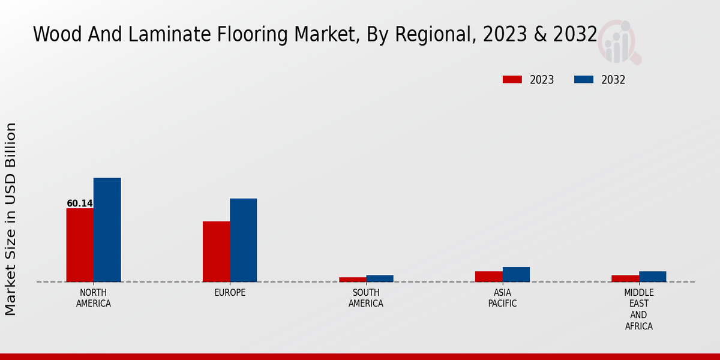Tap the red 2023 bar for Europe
216,251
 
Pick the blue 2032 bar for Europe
243,240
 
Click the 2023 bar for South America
352,280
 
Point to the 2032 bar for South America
380,278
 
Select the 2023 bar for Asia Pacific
489,277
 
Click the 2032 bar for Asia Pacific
516,274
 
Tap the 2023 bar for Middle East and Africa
625,278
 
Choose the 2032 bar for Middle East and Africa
652,277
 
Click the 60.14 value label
80,203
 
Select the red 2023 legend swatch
512,80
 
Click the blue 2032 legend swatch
584,80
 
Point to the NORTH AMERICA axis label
94,298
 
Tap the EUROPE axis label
230,293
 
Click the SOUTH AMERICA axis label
366,298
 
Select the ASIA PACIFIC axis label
503,298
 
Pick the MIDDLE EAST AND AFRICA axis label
638,310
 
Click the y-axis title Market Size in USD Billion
11,219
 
